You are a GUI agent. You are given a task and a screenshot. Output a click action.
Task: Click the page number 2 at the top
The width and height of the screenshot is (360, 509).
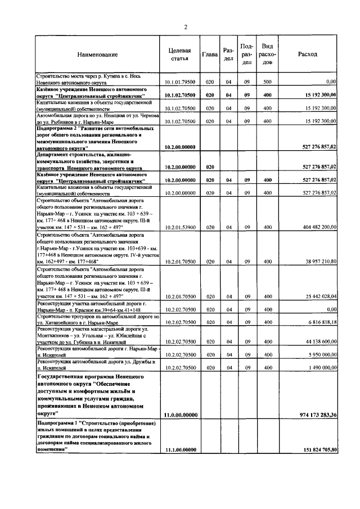tap(185, 28)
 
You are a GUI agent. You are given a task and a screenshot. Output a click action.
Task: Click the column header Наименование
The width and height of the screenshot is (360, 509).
tap(98, 55)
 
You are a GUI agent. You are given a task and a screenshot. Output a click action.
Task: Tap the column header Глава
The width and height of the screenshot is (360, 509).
tap(209, 54)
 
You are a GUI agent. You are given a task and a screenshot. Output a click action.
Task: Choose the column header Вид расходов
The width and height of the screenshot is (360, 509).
tap(267, 54)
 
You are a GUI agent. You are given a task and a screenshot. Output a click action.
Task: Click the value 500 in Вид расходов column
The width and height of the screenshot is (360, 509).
tap(267, 82)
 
